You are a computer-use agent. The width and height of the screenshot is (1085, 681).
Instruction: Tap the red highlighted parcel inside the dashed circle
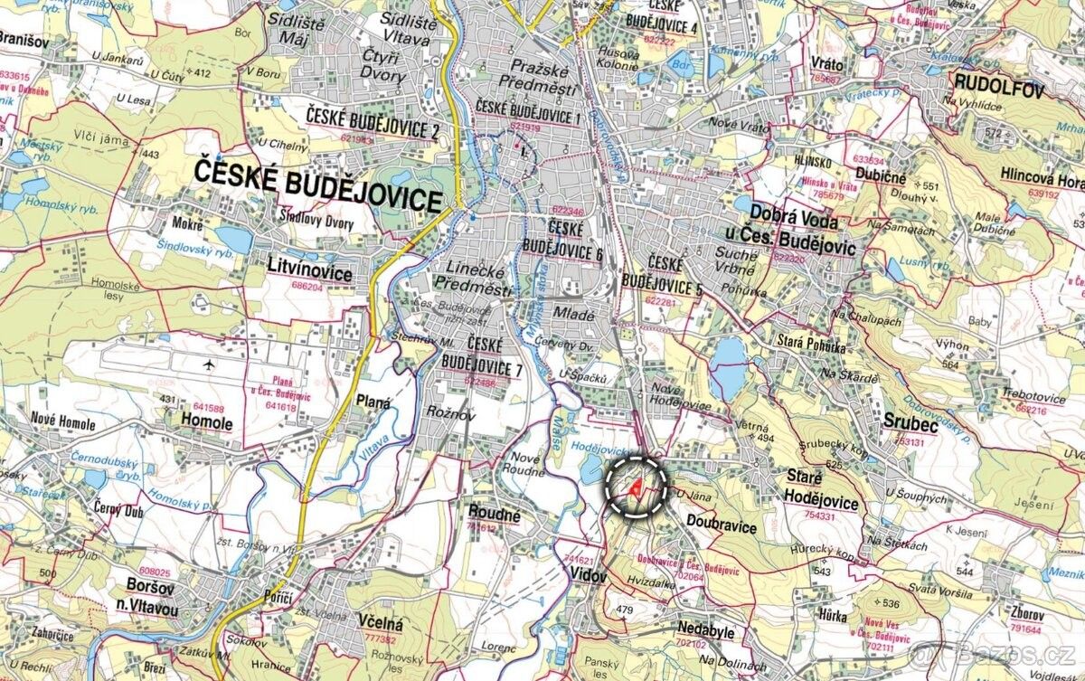[x=637, y=488]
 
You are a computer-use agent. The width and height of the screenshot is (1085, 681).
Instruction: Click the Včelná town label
[x=379, y=622]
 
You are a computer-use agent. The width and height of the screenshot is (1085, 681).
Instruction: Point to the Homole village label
[x=207, y=423]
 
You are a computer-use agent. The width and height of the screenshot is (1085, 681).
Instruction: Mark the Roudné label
[x=495, y=515]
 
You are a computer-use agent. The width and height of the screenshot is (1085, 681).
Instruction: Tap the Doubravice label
[x=721, y=525]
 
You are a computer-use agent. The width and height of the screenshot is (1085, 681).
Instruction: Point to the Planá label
[x=373, y=403]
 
